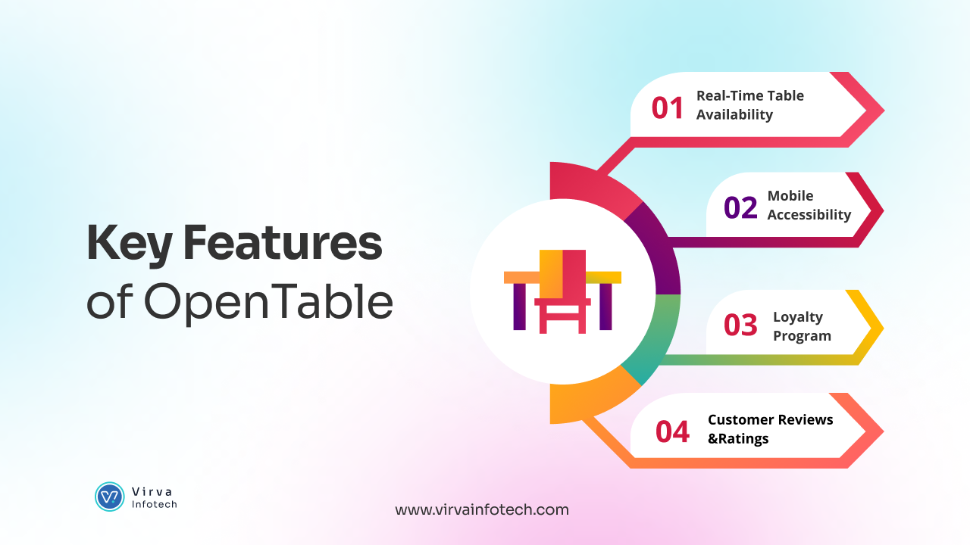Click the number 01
click(668, 107)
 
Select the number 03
click(740, 325)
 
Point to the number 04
click(672, 431)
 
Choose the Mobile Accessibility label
click(809, 205)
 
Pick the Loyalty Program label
click(802, 326)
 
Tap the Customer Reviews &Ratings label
click(770, 429)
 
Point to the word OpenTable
click(268, 303)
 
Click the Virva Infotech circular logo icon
click(110, 497)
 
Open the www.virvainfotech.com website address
click(481, 509)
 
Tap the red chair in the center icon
click(563, 291)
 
